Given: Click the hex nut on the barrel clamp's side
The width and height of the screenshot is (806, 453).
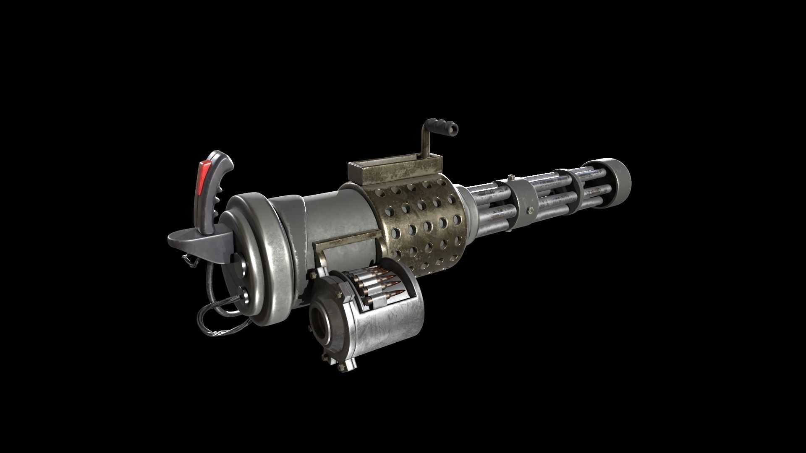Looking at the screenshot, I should click(x=530, y=209).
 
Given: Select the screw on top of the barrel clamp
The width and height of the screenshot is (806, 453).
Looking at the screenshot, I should click(x=511, y=177).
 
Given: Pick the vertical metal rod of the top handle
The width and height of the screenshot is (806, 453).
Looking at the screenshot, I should click(x=425, y=145).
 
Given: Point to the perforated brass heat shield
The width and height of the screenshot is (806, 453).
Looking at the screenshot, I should click(x=424, y=222).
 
